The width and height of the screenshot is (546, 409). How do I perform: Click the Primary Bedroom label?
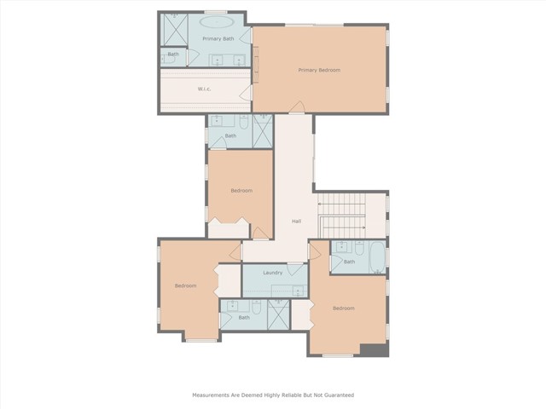point(319,70)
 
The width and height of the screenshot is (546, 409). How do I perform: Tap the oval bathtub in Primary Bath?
point(217,22)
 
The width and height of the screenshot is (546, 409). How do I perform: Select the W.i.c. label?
point(204,89)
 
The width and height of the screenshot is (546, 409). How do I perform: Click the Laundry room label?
point(273,273)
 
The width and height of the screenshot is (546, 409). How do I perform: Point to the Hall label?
point(297,221)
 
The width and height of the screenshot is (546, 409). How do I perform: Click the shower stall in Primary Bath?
point(176,30)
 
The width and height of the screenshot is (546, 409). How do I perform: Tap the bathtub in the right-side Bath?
point(377,256)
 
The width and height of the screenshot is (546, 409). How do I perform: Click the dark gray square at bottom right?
point(375,350)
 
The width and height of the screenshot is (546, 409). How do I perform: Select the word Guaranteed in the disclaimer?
point(339,395)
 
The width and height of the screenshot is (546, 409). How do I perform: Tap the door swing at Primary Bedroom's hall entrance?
point(297,107)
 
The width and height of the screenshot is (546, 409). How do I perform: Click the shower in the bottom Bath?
point(278,314)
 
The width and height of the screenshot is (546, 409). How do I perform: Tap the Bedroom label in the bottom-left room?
point(186,285)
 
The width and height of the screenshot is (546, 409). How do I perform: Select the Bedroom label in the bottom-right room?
point(344,308)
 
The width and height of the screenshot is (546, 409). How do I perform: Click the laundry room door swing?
point(294,269)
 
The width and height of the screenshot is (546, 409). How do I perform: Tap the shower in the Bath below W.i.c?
point(263,131)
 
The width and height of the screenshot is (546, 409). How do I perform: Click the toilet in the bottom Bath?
point(256,307)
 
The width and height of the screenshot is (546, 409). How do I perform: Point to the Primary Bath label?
point(218,38)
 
